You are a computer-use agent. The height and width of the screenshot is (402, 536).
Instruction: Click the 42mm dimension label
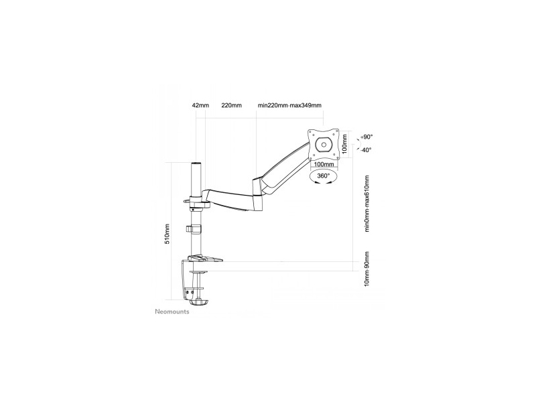(200, 105)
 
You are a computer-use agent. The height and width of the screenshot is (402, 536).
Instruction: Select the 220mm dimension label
(231, 105)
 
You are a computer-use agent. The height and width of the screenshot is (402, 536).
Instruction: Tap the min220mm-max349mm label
(289, 105)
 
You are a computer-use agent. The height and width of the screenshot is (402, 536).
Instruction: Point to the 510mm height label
(167, 234)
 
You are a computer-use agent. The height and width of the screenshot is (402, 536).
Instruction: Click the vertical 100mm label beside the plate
(344, 143)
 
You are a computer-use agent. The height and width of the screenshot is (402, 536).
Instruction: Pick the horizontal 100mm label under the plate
(324, 164)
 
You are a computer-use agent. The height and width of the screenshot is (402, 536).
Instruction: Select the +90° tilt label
(366, 137)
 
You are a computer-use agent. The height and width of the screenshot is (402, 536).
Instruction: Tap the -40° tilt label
(365, 149)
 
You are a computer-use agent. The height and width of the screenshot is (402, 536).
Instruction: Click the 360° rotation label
(324, 176)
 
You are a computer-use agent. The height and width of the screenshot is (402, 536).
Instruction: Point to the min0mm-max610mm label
(367, 204)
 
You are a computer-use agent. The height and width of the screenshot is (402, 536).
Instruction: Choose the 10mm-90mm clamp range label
(366, 269)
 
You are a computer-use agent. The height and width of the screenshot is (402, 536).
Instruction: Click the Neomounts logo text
(172, 312)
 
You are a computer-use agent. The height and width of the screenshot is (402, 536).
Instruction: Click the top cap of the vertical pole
(196, 164)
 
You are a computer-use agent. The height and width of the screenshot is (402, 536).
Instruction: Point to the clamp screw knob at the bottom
(198, 303)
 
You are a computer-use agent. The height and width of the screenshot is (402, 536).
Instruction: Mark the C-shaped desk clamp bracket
(185, 280)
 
